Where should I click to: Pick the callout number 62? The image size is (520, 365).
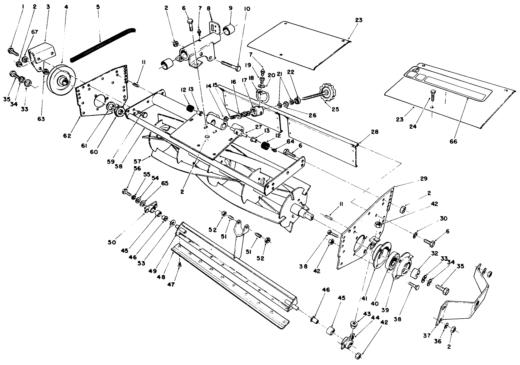pyautogui.click(x=67, y=136)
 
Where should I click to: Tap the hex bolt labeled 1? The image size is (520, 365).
pyautogui.click(x=12, y=52)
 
